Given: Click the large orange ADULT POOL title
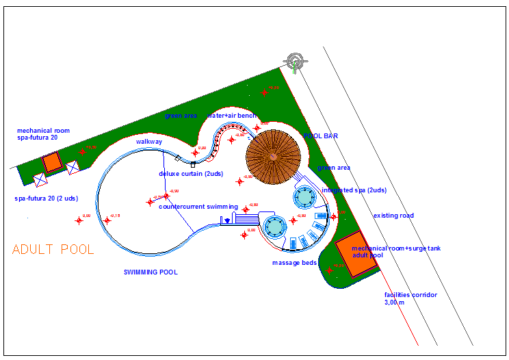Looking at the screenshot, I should point(53,249).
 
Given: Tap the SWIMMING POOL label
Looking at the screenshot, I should point(151,272).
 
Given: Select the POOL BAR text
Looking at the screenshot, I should point(321,136).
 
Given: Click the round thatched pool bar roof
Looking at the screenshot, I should point(273,157).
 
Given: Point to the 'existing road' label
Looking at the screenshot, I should point(393,216).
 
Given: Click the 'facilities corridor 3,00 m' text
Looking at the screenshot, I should point(410,298).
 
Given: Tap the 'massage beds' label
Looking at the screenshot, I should point(294,263).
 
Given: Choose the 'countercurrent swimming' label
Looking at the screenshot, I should point(198,206).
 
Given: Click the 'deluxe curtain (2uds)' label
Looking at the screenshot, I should point(191,173).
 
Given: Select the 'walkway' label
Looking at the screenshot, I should point(148,142).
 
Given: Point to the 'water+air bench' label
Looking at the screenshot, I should point(232,116).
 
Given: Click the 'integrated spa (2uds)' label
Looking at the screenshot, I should point(354,190).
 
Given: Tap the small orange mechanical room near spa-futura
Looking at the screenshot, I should point(51,163).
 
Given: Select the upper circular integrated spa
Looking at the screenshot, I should point(304,198).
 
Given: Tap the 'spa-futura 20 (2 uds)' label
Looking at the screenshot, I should point(47,198).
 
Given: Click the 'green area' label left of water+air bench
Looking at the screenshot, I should point(181,116).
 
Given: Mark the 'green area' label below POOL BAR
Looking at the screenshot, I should point(334,168).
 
